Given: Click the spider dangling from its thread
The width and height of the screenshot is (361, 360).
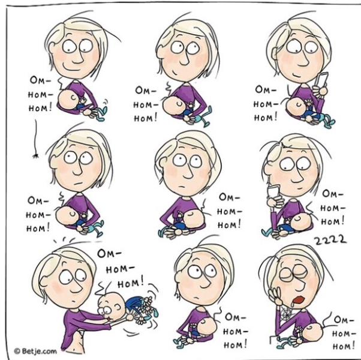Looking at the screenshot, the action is point(35,156).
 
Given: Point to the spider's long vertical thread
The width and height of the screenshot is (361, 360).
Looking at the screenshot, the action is point(36,136).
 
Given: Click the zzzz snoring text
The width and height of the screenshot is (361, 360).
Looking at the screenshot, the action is point(330,240).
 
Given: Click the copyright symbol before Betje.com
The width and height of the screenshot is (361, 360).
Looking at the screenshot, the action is point(17,351).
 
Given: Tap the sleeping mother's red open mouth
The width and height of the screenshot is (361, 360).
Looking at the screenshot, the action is point(299,299).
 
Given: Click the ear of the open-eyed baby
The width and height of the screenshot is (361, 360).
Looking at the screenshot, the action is point(118,307).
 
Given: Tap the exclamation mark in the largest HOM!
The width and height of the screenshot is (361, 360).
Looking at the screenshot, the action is point(142,281).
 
